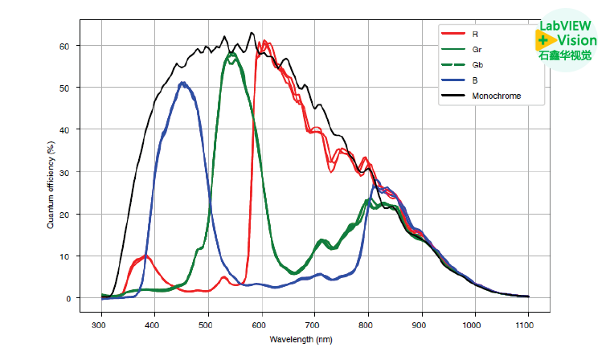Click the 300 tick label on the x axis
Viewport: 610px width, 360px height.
click(x=99, y=325)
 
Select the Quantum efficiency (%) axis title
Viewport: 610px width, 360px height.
click(x=51, y=185)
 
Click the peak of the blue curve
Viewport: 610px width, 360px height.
click(x=183, y=83)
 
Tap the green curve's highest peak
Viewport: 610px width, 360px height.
click(x=231, y=55)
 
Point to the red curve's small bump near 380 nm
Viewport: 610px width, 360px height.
click(x=144, y=256)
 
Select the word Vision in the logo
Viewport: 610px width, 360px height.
click(x=577, y=41)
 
